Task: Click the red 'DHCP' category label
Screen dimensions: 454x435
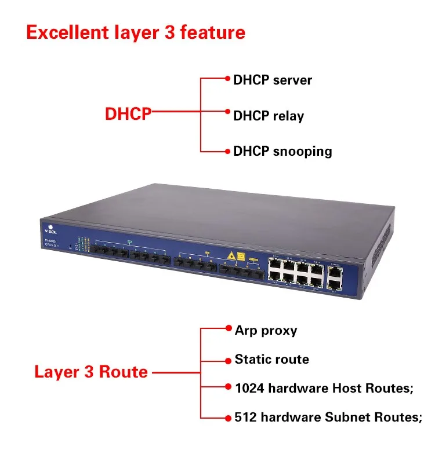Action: coord(128,114)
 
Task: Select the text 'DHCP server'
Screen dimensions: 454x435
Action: coord(272,80)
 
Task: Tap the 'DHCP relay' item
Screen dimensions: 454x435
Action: coord(268,116)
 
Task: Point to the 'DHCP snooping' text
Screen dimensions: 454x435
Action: coord(282,152)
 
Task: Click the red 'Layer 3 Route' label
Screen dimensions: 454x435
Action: coord(91,371)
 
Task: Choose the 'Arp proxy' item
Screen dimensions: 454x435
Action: coord(266,331)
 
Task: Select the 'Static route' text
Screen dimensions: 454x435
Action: coord(271,360)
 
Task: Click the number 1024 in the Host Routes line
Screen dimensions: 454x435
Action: coord(249,388)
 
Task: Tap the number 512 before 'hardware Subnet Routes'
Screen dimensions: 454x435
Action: coord(245,417)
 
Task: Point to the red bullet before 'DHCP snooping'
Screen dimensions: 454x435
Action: coord(228,151)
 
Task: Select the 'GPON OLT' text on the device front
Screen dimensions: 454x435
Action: coord(53,245)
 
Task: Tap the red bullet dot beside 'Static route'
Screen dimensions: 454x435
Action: coord(229,360)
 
